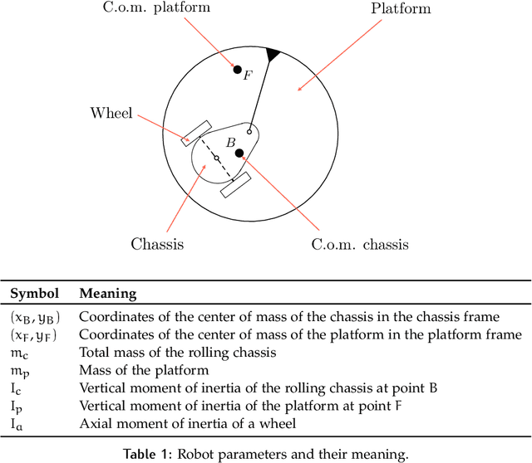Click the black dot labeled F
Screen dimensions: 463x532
pos(237,70)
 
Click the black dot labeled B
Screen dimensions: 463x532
pos(239,154)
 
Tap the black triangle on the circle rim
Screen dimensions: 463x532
pos(273,54)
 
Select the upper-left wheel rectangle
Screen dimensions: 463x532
pos(197,133)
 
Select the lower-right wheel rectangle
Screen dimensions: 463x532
pos(235,185)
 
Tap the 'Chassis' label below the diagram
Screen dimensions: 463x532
pos(156,244)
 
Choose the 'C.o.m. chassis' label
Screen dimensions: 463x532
pos(359,244)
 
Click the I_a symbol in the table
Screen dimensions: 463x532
pos(18,423)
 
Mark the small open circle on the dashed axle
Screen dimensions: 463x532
pos(216,158)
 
